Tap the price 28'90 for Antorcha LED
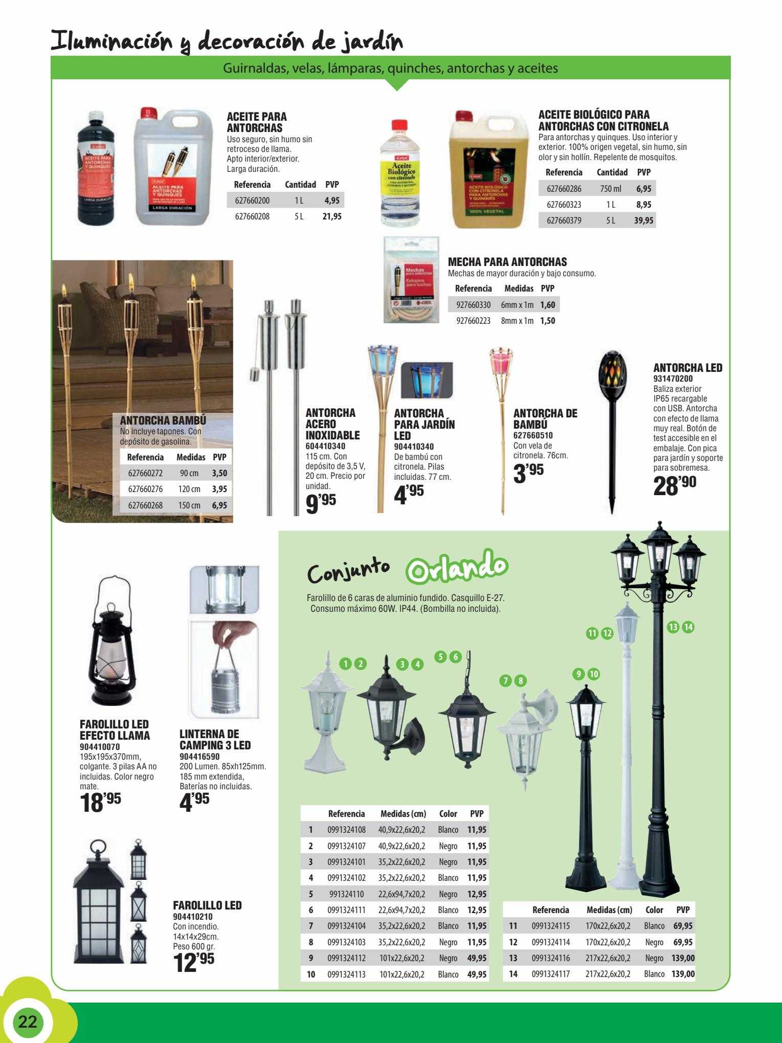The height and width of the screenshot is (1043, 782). (x=675, y=486)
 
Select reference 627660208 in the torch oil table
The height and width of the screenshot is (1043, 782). (x=252, y=216)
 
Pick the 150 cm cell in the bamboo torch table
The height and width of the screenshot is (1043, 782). (x=189, y=505)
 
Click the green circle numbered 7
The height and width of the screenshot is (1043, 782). (x=506, y=680)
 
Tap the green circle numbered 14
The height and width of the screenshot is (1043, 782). (x=688, y=627)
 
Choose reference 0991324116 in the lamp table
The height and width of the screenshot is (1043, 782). (x=551, y=958)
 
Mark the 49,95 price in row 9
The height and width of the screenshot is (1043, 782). (x=477, y=958)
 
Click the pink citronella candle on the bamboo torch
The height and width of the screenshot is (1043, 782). (x=501, y=361)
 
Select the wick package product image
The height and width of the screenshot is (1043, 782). (x=411, y=279)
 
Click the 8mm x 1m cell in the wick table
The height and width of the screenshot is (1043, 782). (x=517, y=321)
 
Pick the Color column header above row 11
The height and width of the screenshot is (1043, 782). (x=654, y=909)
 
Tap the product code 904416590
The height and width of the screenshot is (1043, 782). (x=199, y=756)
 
